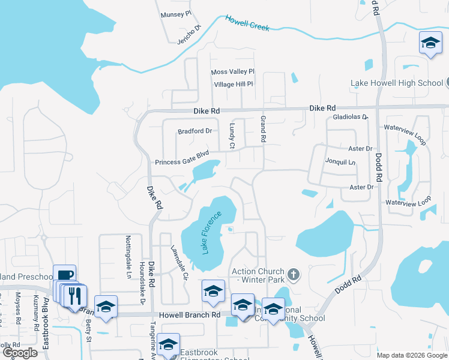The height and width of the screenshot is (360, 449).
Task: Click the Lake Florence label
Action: [212, 232]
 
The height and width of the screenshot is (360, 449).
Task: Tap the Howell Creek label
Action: [247, 23]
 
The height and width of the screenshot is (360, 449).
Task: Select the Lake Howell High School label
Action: [397, 83]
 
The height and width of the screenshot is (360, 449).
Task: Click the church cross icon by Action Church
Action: [293, 275]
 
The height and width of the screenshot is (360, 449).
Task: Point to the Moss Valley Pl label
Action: [233, 72]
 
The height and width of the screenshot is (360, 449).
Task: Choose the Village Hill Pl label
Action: [234, 85]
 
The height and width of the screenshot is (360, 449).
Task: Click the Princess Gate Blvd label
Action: [181, 161]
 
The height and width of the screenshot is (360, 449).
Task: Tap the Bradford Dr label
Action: [195, 131]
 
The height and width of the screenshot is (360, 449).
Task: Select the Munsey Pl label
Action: [175, 13]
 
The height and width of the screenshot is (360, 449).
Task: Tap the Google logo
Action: [20, 353]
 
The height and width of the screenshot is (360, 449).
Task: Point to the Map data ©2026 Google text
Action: [411, 355]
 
